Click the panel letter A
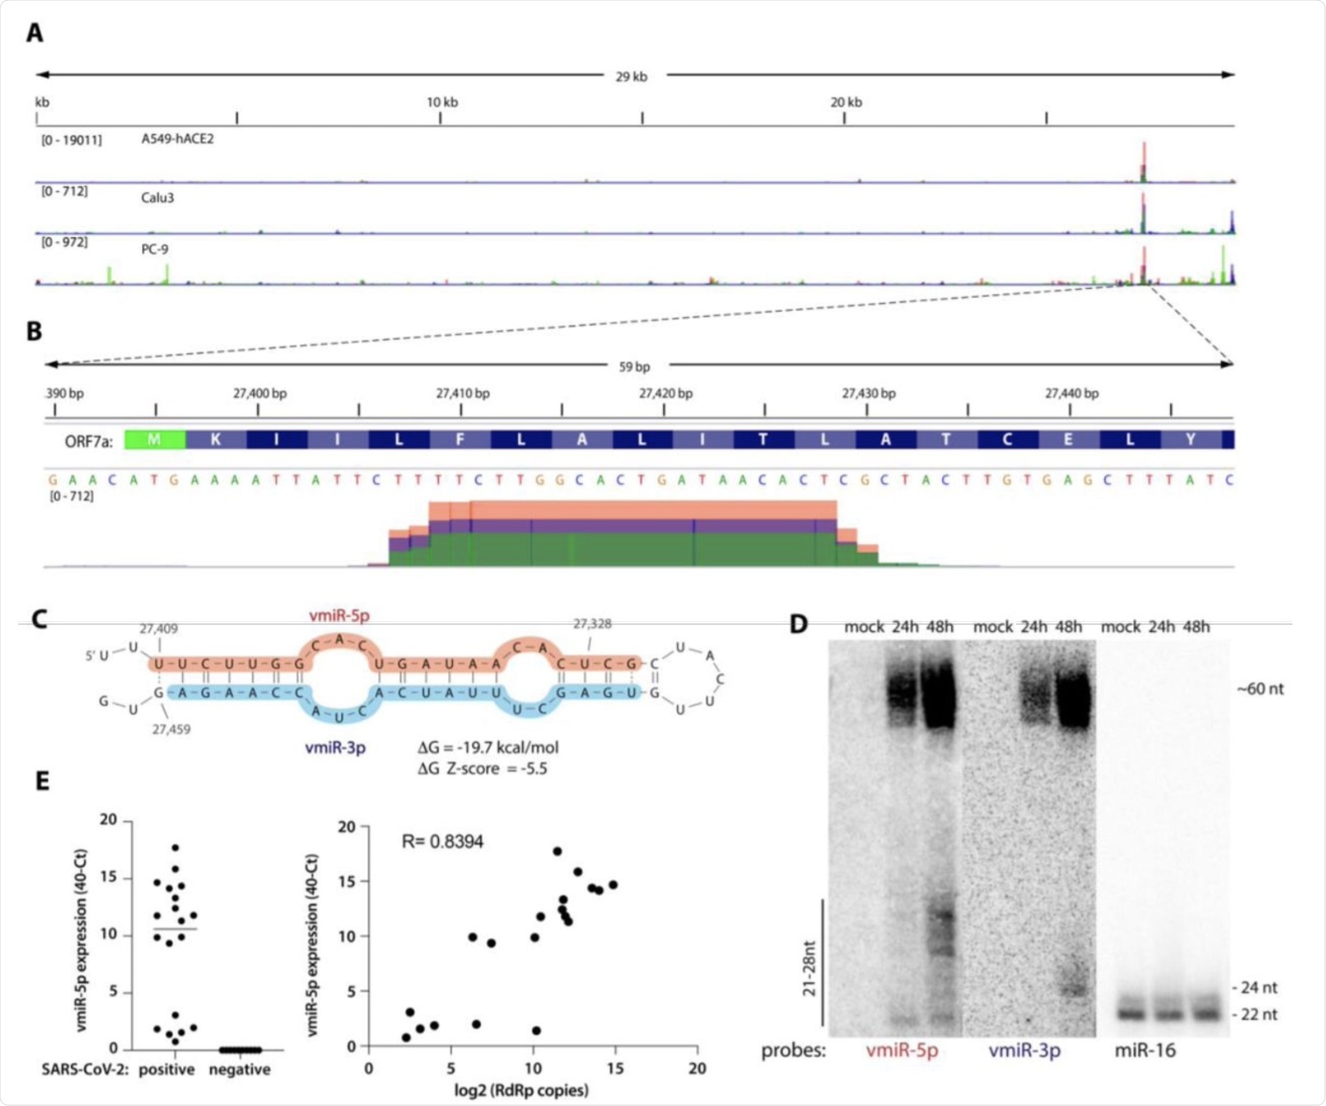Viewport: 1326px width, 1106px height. point(34,33)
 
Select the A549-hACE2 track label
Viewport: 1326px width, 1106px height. point(177,139)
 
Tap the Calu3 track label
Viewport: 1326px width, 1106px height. point(158,198)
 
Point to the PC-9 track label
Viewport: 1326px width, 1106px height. point(155,249)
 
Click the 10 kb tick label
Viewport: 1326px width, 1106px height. point(442,103)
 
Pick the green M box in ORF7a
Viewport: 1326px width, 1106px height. point(154,440)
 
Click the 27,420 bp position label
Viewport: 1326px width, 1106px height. point(665,393)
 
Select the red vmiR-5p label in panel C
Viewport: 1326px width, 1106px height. point(339,615)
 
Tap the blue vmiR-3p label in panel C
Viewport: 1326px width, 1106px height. point(335,747)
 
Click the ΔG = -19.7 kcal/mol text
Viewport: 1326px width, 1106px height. point(487,747)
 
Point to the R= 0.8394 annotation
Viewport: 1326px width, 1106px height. point(442,841)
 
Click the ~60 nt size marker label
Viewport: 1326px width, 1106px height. point(1260,689)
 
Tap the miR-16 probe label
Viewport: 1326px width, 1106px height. point(1145,1051)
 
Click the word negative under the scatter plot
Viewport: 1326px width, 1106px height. point(240,1069)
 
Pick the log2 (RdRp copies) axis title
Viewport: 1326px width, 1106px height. point(522,1090)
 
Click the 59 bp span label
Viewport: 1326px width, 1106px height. point(634,367)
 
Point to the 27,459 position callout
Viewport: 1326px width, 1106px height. point(171,729)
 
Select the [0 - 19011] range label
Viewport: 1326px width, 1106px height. point(71,140)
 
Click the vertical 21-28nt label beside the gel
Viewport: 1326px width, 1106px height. point(810,968)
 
